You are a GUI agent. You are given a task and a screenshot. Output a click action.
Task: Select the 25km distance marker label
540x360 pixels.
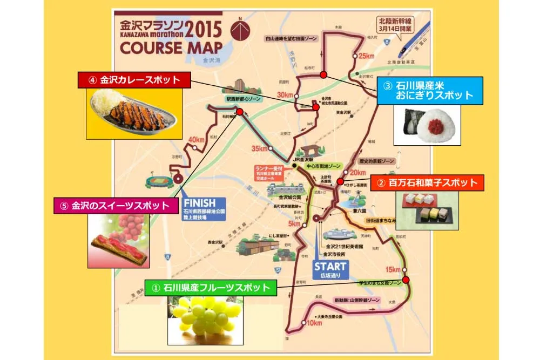tap(366, 56)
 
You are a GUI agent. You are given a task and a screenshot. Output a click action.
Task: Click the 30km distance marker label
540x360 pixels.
tap(284, 95)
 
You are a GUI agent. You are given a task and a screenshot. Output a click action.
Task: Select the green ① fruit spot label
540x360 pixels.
tap(211, 288)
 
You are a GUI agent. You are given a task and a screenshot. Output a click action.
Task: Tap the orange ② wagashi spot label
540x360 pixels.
tap(427, 183)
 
